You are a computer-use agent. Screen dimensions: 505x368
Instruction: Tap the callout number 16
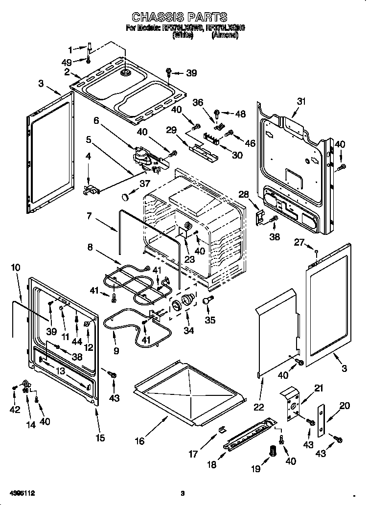pyautogui.click(x=140, y=441)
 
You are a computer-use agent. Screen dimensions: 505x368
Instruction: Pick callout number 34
pyautogui.click(x=188, y=330)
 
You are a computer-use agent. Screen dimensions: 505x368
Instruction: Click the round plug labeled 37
pyautogui.click(x=125, y=197)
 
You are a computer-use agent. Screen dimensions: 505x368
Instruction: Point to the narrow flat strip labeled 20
pyautogui.click(x=321, y=420)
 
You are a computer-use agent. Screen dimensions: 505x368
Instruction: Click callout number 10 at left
pyautogui.click(x=15, y=268)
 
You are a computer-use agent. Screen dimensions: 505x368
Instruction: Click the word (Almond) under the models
pyautogui.click(x=225, y=35)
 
